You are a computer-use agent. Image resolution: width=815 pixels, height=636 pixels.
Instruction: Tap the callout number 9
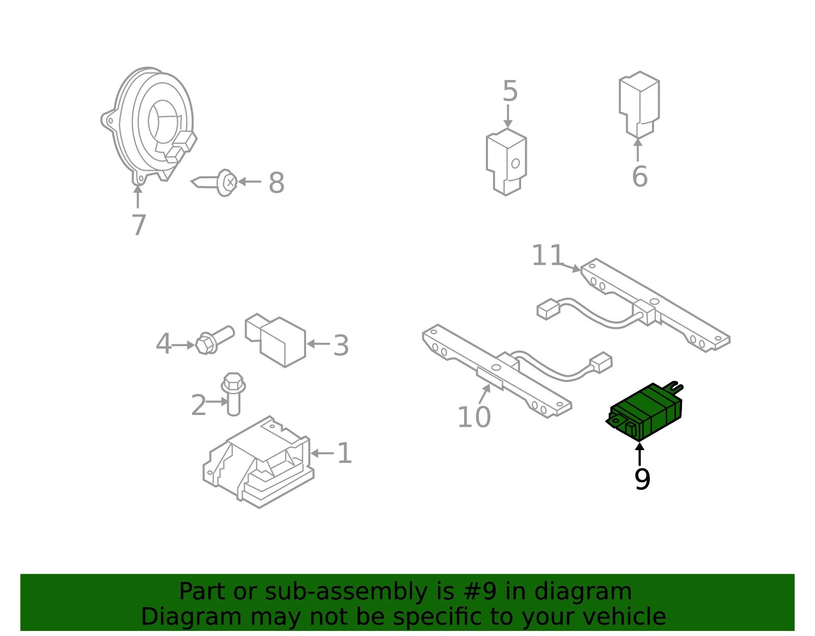[x=642, y=479]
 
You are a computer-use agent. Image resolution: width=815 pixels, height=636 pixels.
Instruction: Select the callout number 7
[x=139, y=225]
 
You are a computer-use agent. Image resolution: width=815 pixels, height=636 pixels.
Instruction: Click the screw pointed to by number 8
[x=214, y=182]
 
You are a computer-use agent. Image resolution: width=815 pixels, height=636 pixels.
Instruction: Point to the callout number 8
[x=277, y=183]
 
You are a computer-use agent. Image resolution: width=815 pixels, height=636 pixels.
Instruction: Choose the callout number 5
[x=510, y=91]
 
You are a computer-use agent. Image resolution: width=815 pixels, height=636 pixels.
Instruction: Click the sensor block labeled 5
[x=506, y=162]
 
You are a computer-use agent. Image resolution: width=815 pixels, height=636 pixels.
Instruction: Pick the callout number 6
[x=640, y=176]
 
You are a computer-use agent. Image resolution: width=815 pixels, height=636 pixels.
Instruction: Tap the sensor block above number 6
[x=639, y=104]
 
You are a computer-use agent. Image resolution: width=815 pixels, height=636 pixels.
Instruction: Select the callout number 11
[x=548, y=256]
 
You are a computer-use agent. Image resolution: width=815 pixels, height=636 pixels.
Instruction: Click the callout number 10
[x=474, y=417]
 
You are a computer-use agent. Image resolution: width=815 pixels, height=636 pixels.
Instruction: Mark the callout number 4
[x=164, y=344]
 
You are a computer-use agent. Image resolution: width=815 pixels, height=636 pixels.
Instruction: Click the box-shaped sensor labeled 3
[x=276, y=340]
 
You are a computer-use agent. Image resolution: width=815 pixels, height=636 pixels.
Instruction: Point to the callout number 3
[x=341, y=346]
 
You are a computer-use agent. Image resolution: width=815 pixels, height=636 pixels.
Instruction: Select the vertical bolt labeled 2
[x=233, y=394]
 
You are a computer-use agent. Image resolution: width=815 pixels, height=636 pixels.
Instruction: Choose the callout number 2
[x=199, y=405]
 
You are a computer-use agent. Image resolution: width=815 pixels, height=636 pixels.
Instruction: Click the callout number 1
[x=345, y=453]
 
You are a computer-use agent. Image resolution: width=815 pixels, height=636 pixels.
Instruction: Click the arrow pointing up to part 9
[x=640, y=454]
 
